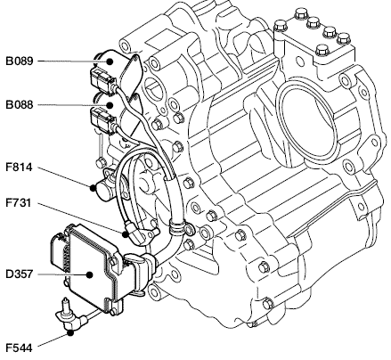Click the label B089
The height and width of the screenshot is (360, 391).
point(20,61)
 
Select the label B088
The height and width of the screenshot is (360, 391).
point(20,105)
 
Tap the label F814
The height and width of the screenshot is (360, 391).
point(19,168)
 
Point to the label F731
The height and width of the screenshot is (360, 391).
point(19,203)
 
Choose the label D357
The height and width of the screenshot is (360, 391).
point(20,274)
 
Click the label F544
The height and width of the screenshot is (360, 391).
point(19,348)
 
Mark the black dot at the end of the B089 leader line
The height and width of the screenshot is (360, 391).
point(110,61)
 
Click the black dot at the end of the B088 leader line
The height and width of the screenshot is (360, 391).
point(110,105)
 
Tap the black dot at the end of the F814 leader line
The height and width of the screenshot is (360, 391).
point(93,188)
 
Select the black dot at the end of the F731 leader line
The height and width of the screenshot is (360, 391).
point(126,234)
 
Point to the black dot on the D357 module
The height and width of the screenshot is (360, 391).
point(89,274)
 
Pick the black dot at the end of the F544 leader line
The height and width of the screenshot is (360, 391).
point(70,332)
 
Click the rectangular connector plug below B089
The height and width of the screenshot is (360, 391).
point(102,81)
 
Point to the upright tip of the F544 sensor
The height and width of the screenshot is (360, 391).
point(64,301)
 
